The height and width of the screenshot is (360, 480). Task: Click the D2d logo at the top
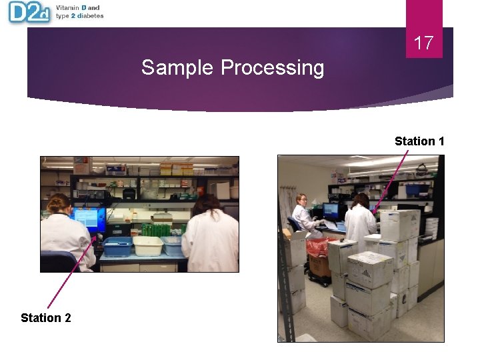click(x=29, y=12)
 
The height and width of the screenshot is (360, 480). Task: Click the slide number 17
click(x=423, y=43)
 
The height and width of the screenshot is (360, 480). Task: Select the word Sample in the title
click(x=178, y=68)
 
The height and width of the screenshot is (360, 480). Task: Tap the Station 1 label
click(x=419, y=141)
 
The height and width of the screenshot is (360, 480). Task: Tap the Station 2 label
click(x=45, y=317)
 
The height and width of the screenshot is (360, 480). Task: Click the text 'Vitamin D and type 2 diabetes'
click(x=79, y=12)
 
